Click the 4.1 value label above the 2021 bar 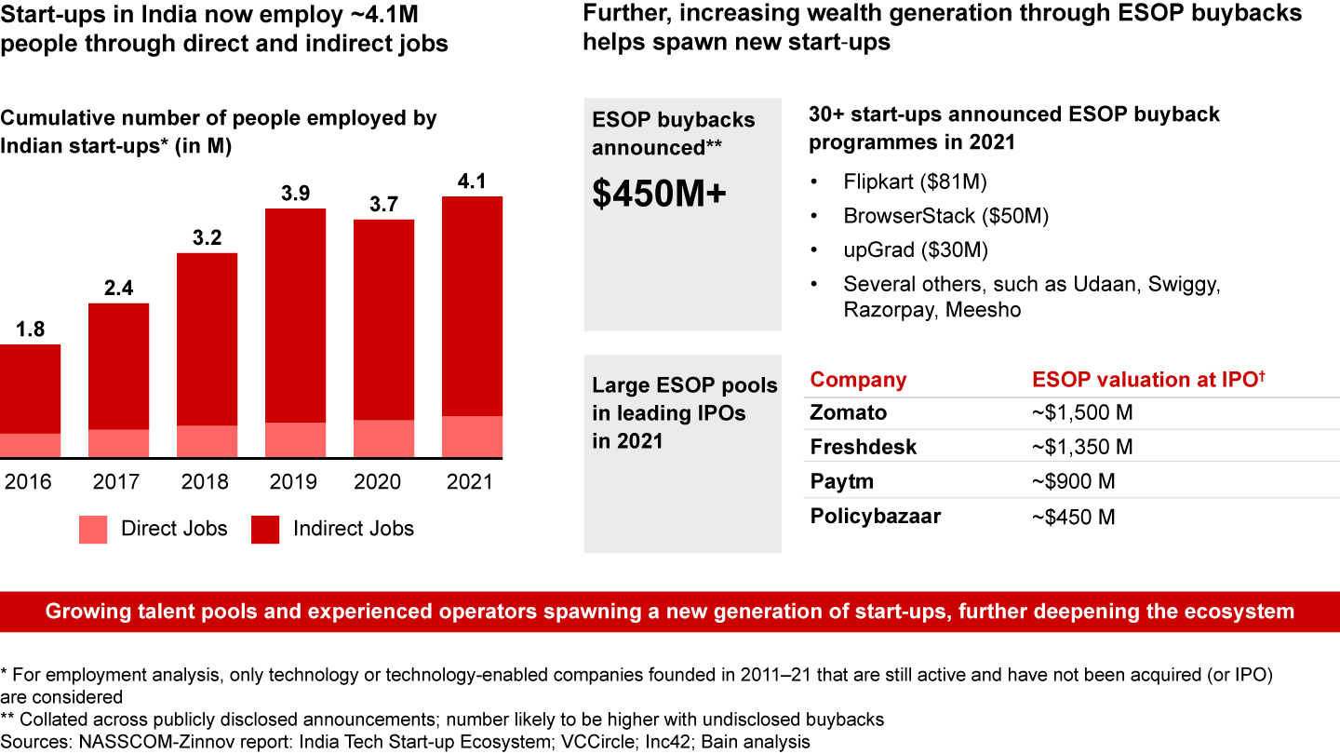click(472, 181)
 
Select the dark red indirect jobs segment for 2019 click(295, 315)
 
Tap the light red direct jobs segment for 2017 click(118, 443)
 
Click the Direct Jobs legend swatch click(93, 529)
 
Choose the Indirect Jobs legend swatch click(265, 529)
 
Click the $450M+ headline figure click(659, 193)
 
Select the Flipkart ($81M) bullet click(915, 182)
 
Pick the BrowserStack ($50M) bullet click(945, 216)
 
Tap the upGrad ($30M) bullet click(916, 249)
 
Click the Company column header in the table click(858, 380)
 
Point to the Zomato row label click(849, 412)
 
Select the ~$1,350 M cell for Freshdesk click(1082, 447)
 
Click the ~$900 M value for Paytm click(1073, 481)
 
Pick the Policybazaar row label click(876, 516)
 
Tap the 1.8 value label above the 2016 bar click(30, 329)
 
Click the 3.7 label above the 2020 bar click(383, 204)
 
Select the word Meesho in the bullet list click(983, 310)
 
